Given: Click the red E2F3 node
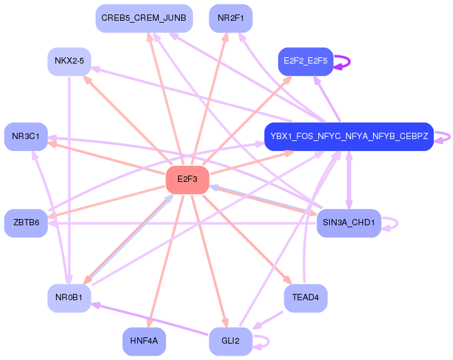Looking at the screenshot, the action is [187, 180].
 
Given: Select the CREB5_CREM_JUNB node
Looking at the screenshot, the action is [144, 18].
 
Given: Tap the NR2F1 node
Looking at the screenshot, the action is [230, 18].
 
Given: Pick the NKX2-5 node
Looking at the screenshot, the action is [69, 62].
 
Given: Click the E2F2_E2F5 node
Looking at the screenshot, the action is [305, 62].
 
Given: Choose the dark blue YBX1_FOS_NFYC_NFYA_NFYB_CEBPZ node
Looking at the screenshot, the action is [349, 137].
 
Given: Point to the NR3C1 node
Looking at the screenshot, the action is [26, 137].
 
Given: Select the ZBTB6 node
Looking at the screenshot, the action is [26, 223].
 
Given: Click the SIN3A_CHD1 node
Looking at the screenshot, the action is [349, 223].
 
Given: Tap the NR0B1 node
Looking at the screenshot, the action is [69, 298].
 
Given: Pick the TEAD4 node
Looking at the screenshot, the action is [305, 298].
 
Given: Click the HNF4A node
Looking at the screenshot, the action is [144, 341].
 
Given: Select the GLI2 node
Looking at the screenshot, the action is [230, 341].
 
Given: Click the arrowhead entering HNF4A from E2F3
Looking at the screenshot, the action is [149, 322].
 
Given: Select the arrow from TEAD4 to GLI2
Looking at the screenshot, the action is [267, 320].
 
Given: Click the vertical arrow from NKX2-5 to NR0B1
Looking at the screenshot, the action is [69, 180].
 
